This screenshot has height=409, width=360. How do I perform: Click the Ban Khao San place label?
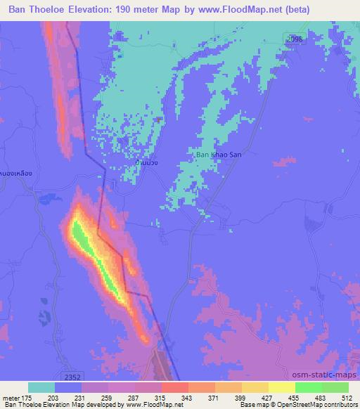pos(218,154)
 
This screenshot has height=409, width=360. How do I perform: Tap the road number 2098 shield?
pos(295,40)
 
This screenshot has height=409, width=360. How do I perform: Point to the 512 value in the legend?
pos(347,397)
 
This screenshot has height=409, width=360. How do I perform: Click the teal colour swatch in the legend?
pos(41,387)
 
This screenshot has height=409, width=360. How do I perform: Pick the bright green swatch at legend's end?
pos(335,387)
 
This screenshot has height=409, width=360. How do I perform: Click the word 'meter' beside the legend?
pos(10,397)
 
